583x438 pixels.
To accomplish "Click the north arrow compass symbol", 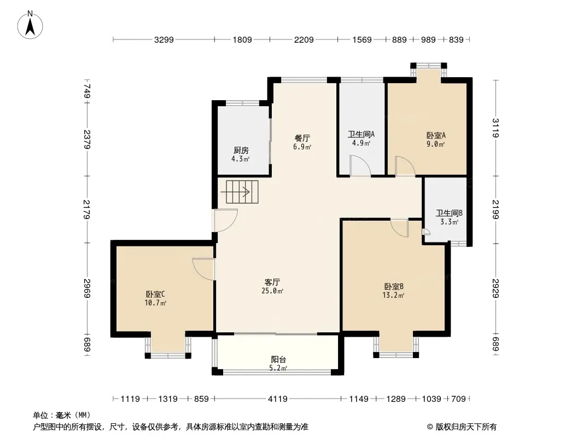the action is point(30,25).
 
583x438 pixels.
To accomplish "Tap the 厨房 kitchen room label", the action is point(241,151).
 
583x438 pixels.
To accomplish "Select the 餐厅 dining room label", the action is point(302,138).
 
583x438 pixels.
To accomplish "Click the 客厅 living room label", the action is point(272,282).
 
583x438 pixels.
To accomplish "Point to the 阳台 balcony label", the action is point(278,360).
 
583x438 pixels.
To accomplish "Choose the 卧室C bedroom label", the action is point(155,294).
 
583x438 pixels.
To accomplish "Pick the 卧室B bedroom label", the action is point(394,286).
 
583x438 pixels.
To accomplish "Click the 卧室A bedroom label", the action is point(436,135).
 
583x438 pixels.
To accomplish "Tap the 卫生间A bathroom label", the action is point(361,134).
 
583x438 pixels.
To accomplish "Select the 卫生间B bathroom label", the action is point(449,213).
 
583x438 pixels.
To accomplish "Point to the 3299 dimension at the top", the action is point(164,39).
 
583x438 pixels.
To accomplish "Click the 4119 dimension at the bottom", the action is point(278,399).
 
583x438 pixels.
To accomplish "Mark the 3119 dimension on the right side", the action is point(495,128).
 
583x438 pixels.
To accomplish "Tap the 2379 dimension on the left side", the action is point(87,139).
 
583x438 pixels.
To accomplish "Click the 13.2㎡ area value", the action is point(393,296).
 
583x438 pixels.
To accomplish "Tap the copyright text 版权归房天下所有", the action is point(466,427).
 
